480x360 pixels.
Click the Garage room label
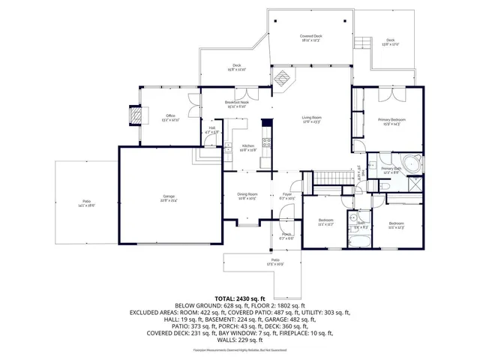[x=169, y=198]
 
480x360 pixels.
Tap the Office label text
[x=170, y=117]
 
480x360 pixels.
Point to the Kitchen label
[x=248, y=148]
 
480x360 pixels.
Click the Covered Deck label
[x=310, y=37]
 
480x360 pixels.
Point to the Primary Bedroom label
[x=388, y=121]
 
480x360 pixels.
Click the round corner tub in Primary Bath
[x=410, y=164]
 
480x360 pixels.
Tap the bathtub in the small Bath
[x=360, y=239]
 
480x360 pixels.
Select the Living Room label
[x=311, y=119]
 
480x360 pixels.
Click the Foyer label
[x=286, y=196]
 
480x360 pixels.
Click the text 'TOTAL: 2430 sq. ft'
[x=239, y=298]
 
